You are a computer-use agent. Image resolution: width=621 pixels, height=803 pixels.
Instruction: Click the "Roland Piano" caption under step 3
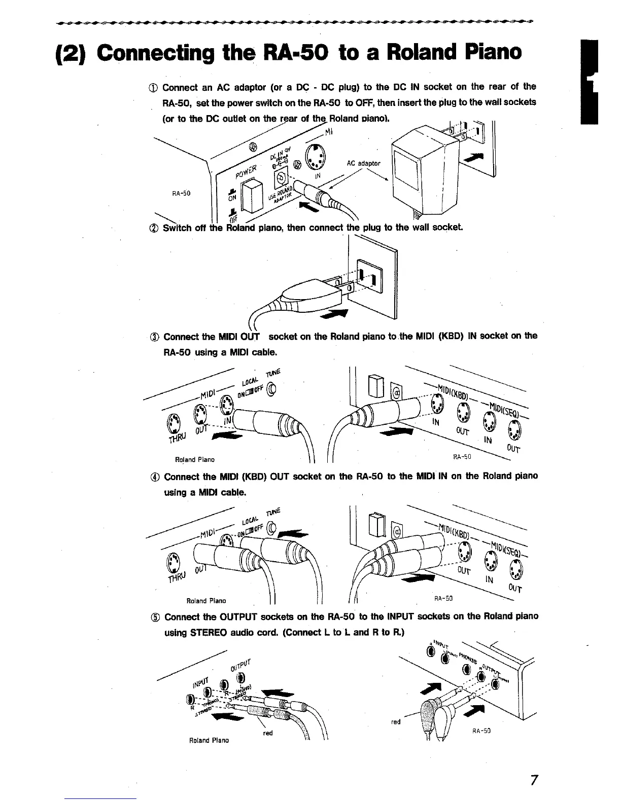coord(194,460)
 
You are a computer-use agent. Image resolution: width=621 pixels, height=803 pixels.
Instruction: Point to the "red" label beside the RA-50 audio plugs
coord(396,721)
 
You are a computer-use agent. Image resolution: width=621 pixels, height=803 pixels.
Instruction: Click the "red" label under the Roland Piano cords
coord(267,733)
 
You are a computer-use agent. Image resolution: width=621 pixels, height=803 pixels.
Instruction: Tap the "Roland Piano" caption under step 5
coord(209,740)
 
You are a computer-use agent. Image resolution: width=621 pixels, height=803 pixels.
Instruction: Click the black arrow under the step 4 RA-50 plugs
coord(417,580)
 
